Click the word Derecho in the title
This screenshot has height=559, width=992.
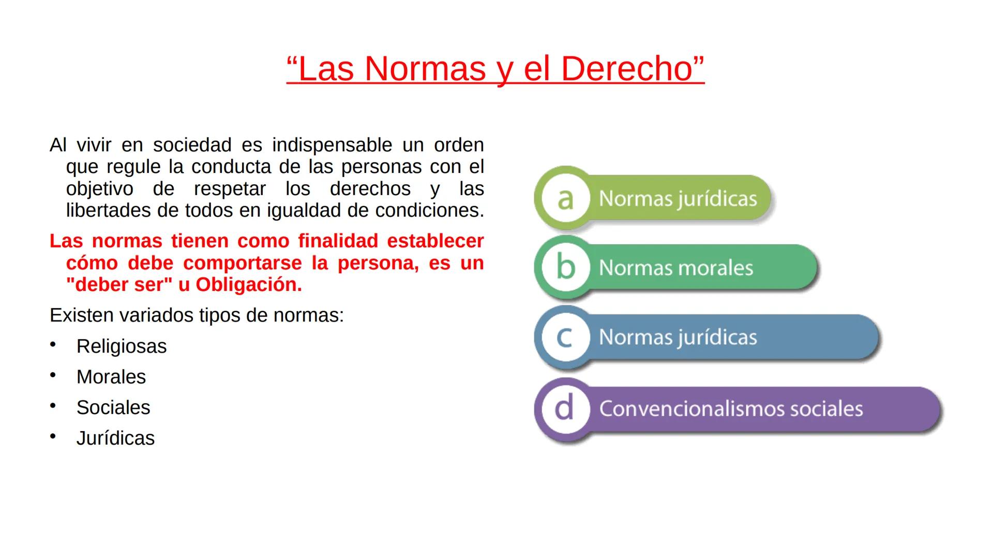pyautogui.click(x=626, y=69)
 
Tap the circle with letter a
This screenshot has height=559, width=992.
pyautogui.click(x=565, y=198)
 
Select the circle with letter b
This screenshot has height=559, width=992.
pyautogui.click(x=565, y=267)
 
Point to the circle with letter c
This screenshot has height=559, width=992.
pyautogui.click(x=565, y=337)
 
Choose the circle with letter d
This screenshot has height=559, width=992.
pyautogui.click(x=565, y=408)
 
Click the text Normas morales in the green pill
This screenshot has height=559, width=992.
pyautogui.click(x=675, y=268)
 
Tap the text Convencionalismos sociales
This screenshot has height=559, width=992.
pyautogui.click(x=731, y=409)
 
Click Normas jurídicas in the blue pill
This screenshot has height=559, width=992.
pyautogui.click(x=678, y=337)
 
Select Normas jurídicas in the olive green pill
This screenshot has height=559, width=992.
pyautogui.click(x=678, y=199)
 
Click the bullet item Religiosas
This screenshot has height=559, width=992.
pyautogui.click(x=122, y=346)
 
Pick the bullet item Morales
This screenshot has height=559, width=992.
pyautogui.click(x=111, y=377)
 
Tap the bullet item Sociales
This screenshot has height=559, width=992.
pyautogui.click(x=113, y=407)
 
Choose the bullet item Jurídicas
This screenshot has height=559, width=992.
pyautogui.click(x=115, y=438)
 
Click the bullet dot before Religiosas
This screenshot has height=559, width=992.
pyautogui.click(x=53, y=345)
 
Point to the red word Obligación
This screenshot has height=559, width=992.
pyautogui.click(x=248, y=285)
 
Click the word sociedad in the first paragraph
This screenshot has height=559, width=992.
pyautogui.click(x=192, y=145)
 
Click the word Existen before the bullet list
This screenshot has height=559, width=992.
pyautogui.click(x=81, y=315)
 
